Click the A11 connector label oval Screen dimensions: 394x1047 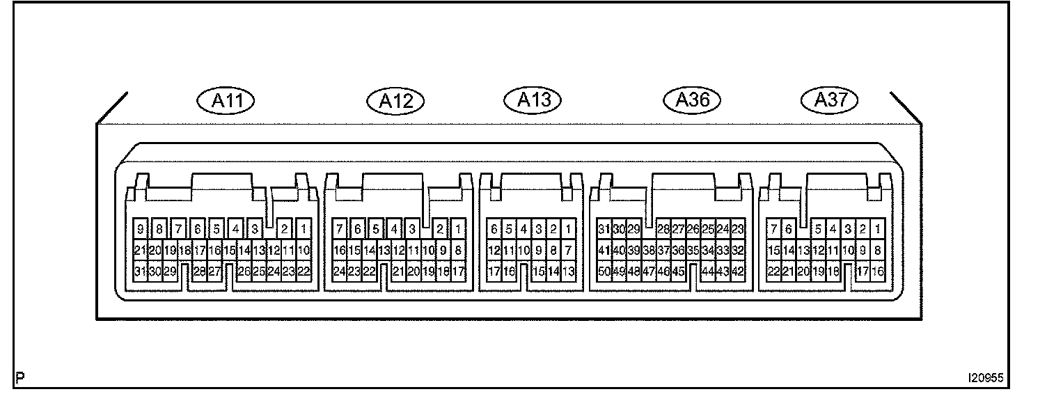(x=226, y=101)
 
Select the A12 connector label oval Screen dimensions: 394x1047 (x=395, y=102)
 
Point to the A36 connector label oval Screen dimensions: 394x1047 (x=693, y=100)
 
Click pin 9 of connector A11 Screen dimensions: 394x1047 (x=141, y=228)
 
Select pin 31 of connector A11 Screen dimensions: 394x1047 (x=140, y=272)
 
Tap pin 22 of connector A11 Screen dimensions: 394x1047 (x=304, y=272)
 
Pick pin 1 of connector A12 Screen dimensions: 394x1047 (x=458, y=228)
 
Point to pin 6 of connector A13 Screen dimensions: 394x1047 (x=494, y=228)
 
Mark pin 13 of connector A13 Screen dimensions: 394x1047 (x=569, y=272)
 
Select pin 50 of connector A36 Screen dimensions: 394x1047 (x=604, y=272)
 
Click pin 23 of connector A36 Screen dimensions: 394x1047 (x=739, y=228)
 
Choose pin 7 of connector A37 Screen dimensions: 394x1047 (x=773, y=228)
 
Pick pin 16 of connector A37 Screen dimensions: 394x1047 (x=878, y=272)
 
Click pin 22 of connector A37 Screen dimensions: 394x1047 (x=773, y=272)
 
